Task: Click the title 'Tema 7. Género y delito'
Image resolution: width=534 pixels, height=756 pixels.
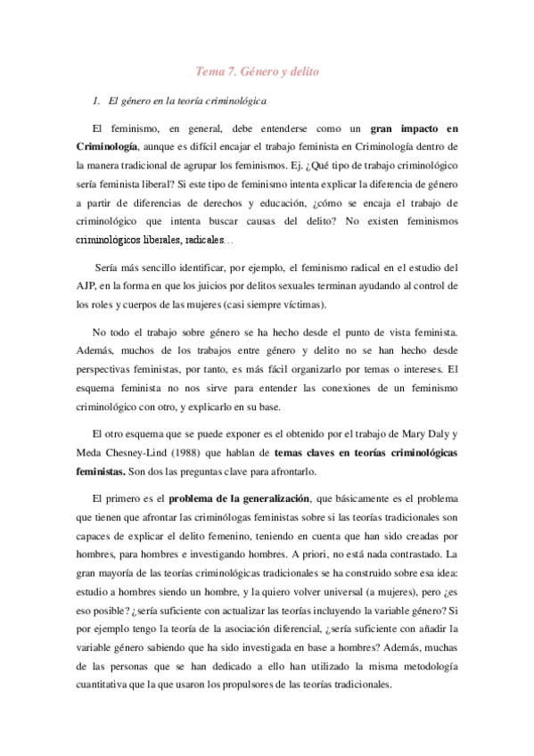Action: [x=259, y=72]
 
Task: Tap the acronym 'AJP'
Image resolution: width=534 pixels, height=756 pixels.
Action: [x=88, y=285]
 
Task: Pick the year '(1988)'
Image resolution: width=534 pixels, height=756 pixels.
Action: [x=201, y=453]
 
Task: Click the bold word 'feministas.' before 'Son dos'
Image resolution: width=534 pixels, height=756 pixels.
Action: [x=105, y=472]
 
